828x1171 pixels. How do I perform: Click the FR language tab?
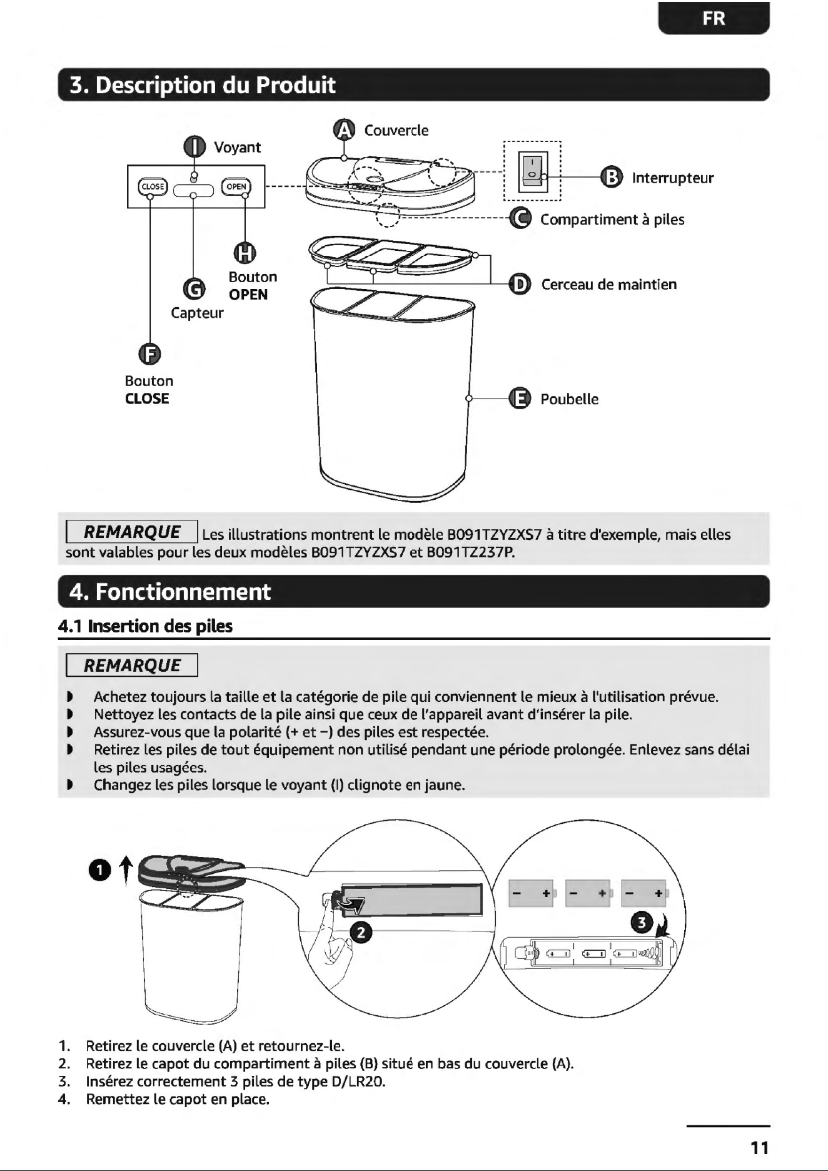pyautogui.click(x=714, y=18)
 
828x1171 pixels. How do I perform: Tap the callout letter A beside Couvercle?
pyautogui.click(x=345, y=129)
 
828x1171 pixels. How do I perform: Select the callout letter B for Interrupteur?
pyautogui.click(x=611, y=178)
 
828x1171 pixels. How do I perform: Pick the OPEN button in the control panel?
pyautogui.click(x=236, y=186)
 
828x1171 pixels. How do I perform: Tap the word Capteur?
pyautogui.click(x=197, y=313)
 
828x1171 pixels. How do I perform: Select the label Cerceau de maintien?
pyautogui.click(x=609, y=285)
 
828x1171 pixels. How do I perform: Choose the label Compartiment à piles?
pyautogui.click(x=612, y=220)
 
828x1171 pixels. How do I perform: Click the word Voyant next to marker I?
pyautogui.click(x=237, y=147)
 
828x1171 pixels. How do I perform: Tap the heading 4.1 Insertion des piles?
pyautogui.click(x=145, y=626)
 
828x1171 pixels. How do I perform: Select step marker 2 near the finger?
pyautogui.click(x=360, y=933)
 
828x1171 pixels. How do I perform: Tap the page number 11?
pyautogui.click(x=759, y=1148)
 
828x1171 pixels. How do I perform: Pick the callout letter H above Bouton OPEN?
pyautogui.click(x=245, y=253)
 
